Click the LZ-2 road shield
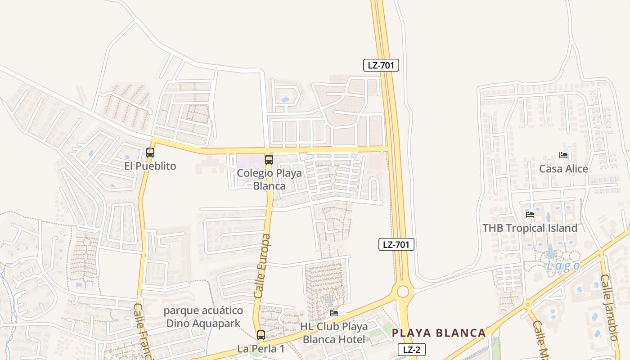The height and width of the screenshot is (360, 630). click(x=411, y=350)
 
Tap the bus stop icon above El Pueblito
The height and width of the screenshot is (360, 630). click(x=150, y=153)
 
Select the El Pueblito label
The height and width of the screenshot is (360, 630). click(x=150, y=166)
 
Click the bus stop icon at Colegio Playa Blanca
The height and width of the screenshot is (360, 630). click(x=269, y=159)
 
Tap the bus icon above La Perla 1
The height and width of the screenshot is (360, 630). click(x=261, y=335)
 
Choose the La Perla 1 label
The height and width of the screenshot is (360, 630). click(x=261, y=349)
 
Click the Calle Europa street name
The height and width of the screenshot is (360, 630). click(x=262, y=266)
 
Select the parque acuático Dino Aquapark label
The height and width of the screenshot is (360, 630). click(x=203, y=317)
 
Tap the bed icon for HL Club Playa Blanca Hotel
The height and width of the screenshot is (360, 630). click(x=334, y=313)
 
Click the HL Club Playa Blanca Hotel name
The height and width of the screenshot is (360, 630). click(x=334, y=333)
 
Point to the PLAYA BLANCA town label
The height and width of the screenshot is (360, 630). click(x=439, y=333)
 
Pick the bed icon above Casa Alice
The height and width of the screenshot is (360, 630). click(x=563, y=155)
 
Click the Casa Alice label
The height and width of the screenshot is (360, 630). click(x=563, y=169)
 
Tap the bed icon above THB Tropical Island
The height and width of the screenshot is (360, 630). click(x=530, y=215)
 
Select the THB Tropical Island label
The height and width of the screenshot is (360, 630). click(x=530, y=228)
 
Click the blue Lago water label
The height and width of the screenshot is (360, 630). click(x=563, y=266)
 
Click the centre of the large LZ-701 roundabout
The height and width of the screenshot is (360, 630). click(x=403, y=291)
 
